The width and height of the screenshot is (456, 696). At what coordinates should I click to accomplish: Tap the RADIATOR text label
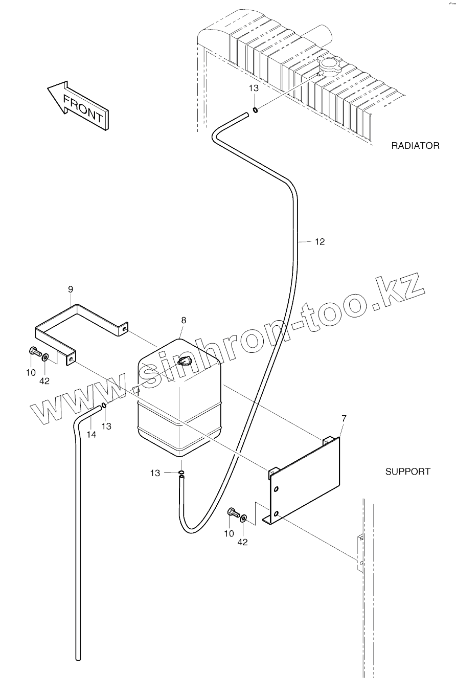415,146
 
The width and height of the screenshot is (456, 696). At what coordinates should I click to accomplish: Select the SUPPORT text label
407,472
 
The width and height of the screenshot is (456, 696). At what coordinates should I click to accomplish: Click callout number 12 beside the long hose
320,241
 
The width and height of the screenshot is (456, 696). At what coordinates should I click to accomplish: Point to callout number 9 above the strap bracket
71,289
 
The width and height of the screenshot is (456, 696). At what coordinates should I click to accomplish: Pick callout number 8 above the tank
184,320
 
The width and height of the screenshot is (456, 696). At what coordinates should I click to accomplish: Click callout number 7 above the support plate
344,419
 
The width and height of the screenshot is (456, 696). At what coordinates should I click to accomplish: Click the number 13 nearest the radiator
254,88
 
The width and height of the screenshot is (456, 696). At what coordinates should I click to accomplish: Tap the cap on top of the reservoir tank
183,362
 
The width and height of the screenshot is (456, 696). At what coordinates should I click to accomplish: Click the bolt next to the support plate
233,512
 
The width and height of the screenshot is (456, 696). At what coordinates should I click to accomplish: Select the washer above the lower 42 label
243,519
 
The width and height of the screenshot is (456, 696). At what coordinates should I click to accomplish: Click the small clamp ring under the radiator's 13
255,108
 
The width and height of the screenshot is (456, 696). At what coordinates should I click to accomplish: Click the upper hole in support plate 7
276,489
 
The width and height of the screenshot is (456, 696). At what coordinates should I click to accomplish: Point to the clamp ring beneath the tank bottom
181,473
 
